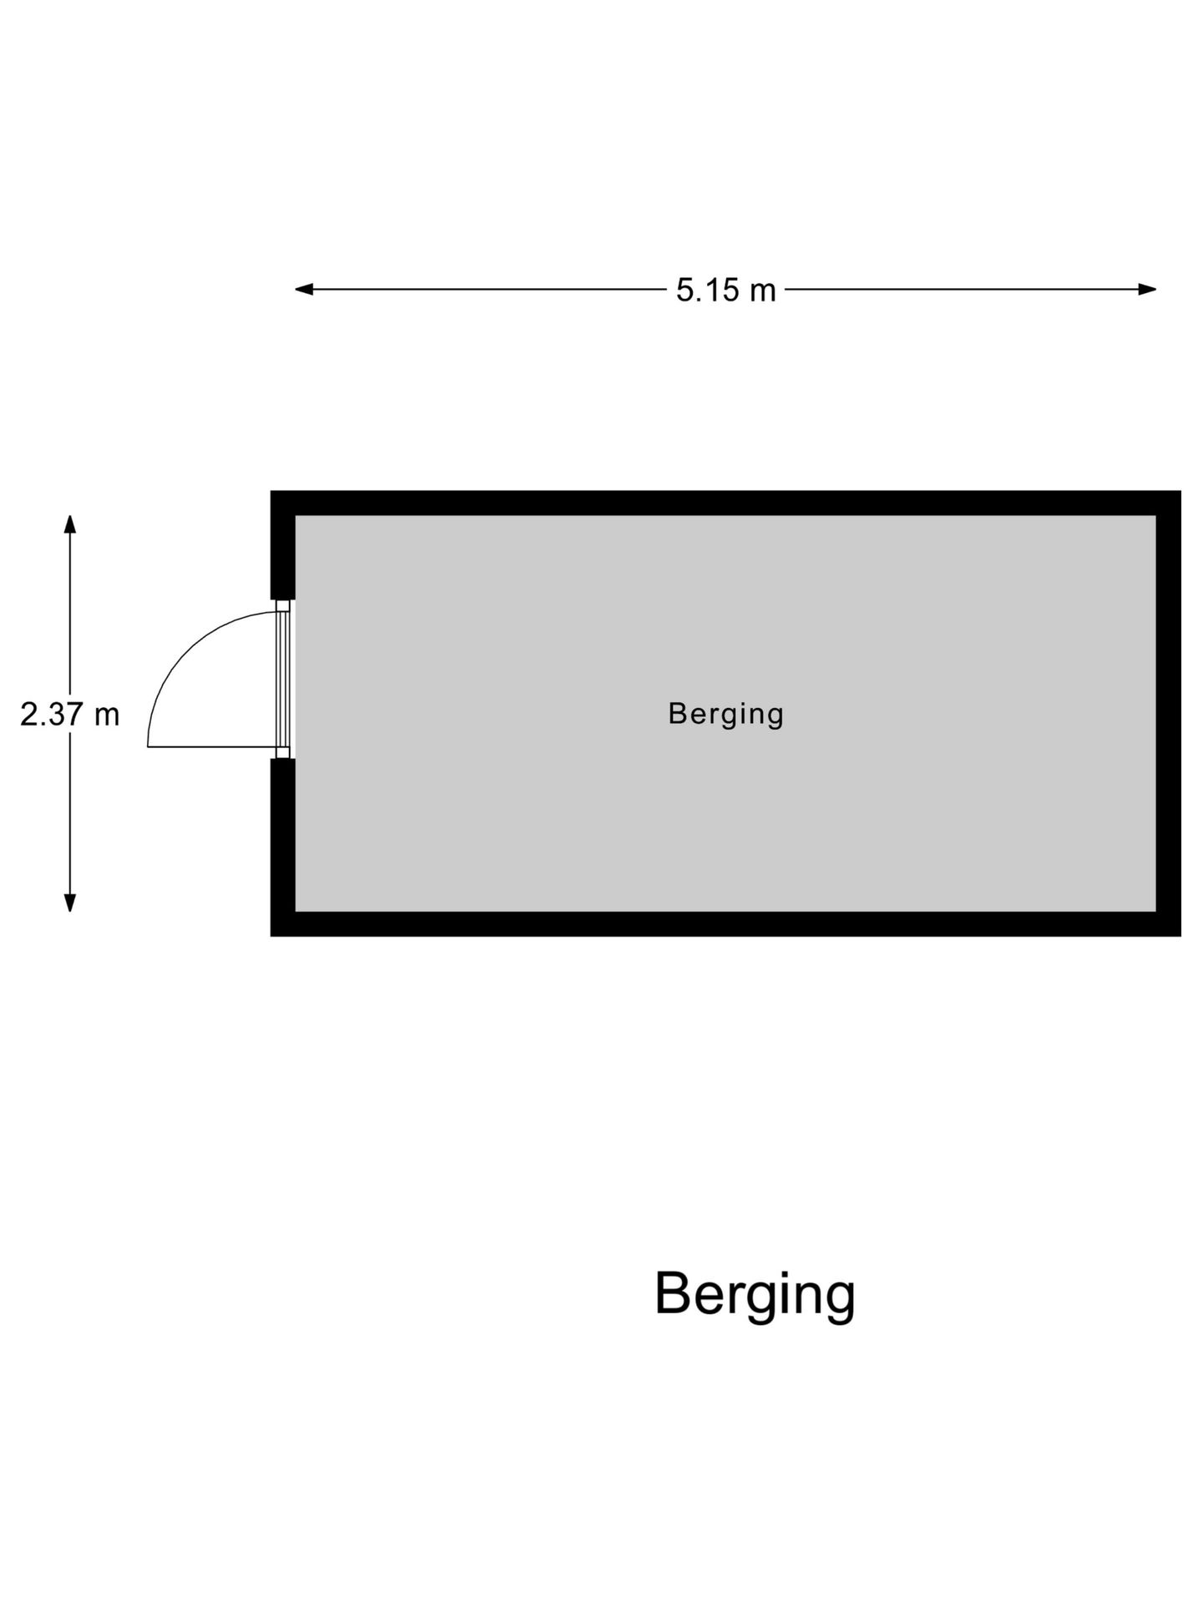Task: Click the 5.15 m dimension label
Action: pos(725,291)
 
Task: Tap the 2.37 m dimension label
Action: pos(70,715)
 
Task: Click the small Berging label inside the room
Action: pos(725,715)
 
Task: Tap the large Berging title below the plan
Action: pos(755,1294)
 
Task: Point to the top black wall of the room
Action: pos(725,503)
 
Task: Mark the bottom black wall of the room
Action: pos(725,923)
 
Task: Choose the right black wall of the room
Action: pos(1169,714)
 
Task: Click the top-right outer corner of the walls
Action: pos(1179,493)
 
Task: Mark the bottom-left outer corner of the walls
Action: pos(272,934)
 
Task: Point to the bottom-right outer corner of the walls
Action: pos(1179,934)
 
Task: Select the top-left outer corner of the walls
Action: pos(272,493)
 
